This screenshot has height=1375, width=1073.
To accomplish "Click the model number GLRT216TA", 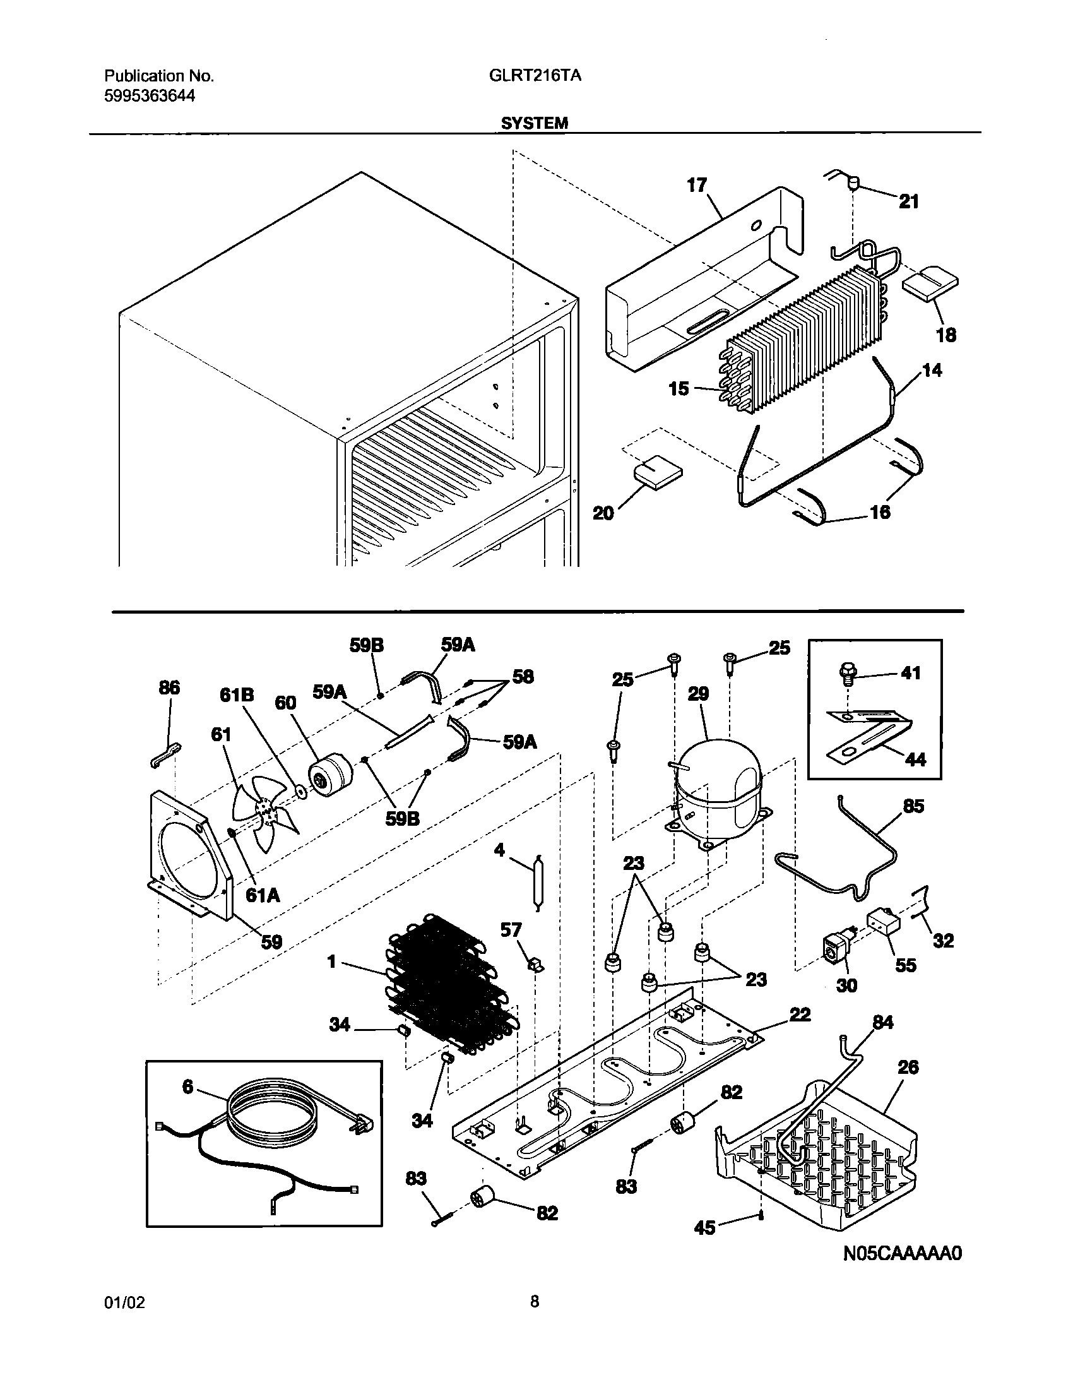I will pyautogui.click(x=535, y=76).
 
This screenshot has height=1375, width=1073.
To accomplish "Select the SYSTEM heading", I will pyautogui.click(x=535, y=124).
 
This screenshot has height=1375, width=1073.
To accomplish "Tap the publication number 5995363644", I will pyautogui.click(x=150, y=96).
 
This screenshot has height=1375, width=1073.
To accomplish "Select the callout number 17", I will pyautogui.click(x=697, y=185).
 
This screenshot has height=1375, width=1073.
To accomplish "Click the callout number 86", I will pyautogui.click(x=169, y=687).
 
